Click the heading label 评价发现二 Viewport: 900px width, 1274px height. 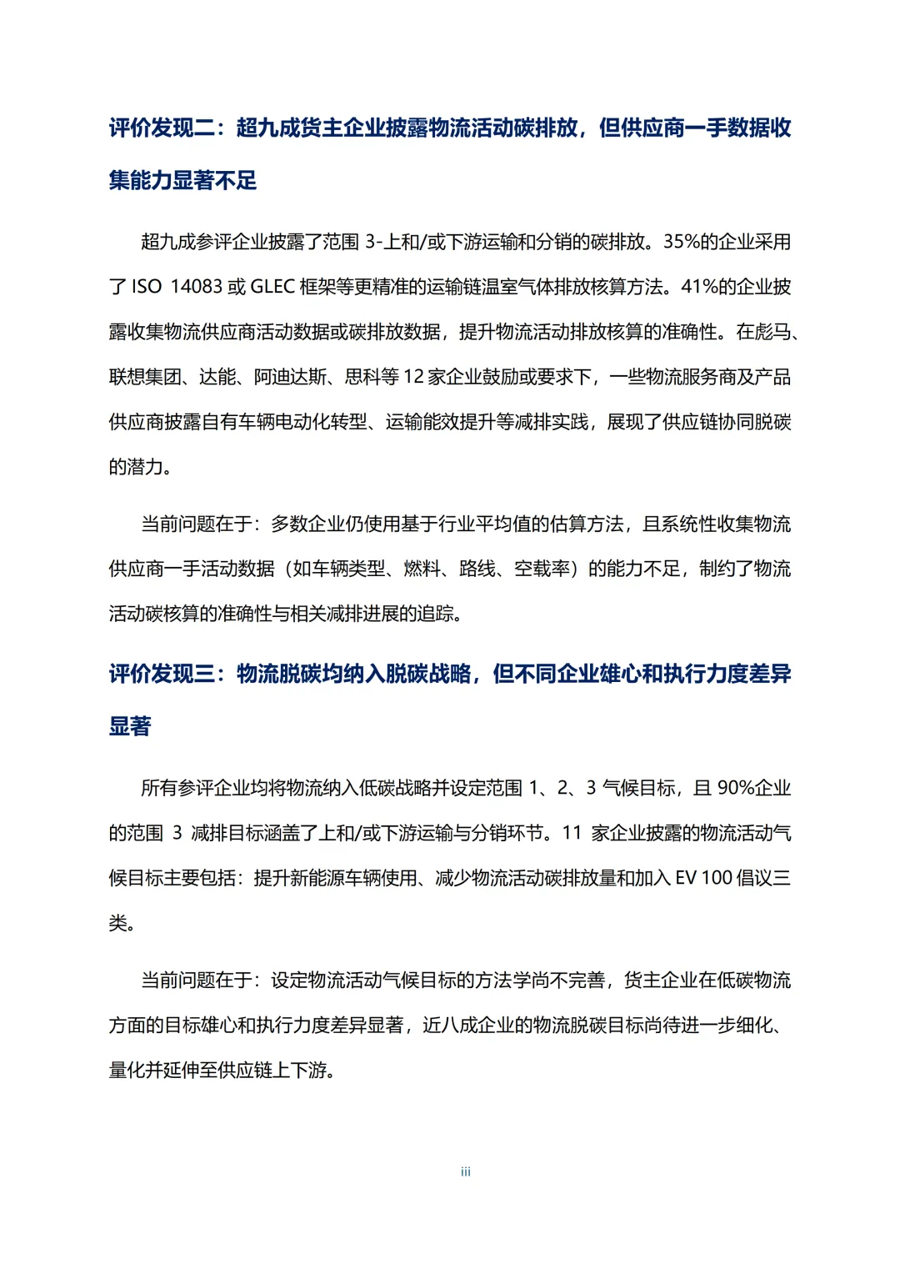162,128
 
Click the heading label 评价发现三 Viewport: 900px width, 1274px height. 162,674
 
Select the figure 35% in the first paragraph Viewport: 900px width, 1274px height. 681,242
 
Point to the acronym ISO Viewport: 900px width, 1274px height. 147,287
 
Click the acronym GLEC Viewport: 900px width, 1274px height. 272,287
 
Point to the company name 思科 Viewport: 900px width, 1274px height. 362,377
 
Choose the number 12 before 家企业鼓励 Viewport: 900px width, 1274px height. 413,377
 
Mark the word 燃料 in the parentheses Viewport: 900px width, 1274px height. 422,569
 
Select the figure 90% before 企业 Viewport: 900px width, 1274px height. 735,788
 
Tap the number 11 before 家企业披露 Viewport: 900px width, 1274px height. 572,833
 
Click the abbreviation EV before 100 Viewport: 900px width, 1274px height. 685,878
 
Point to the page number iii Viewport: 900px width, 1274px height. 465,1171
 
